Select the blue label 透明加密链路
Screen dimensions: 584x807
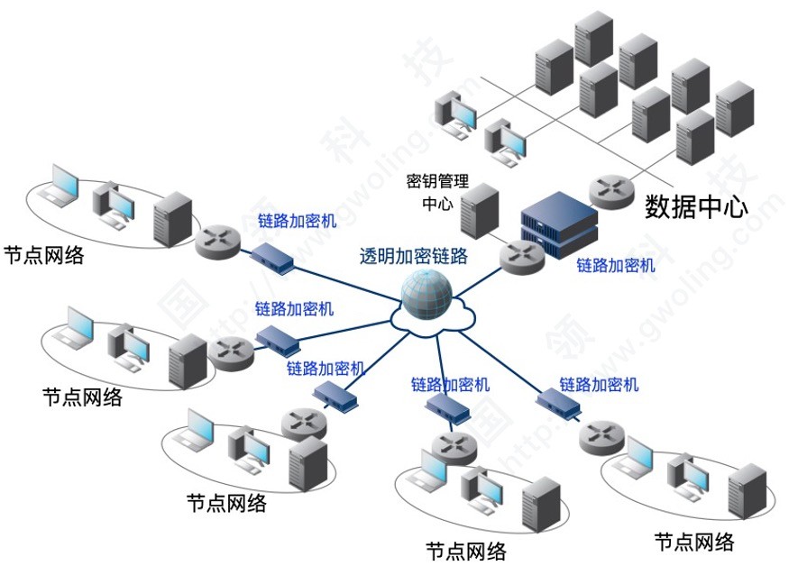point(414,256)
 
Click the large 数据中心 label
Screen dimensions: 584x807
point(696,207)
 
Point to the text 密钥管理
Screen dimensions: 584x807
point(439,181)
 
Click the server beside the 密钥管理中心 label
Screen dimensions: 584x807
point(480,210)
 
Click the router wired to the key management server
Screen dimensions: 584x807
point(521,257)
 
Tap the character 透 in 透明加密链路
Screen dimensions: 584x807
point(369,256)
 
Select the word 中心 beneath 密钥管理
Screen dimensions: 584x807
point(439,204)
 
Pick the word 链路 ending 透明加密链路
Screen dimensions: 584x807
point(450,256)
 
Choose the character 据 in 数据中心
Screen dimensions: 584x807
point(683,207)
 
